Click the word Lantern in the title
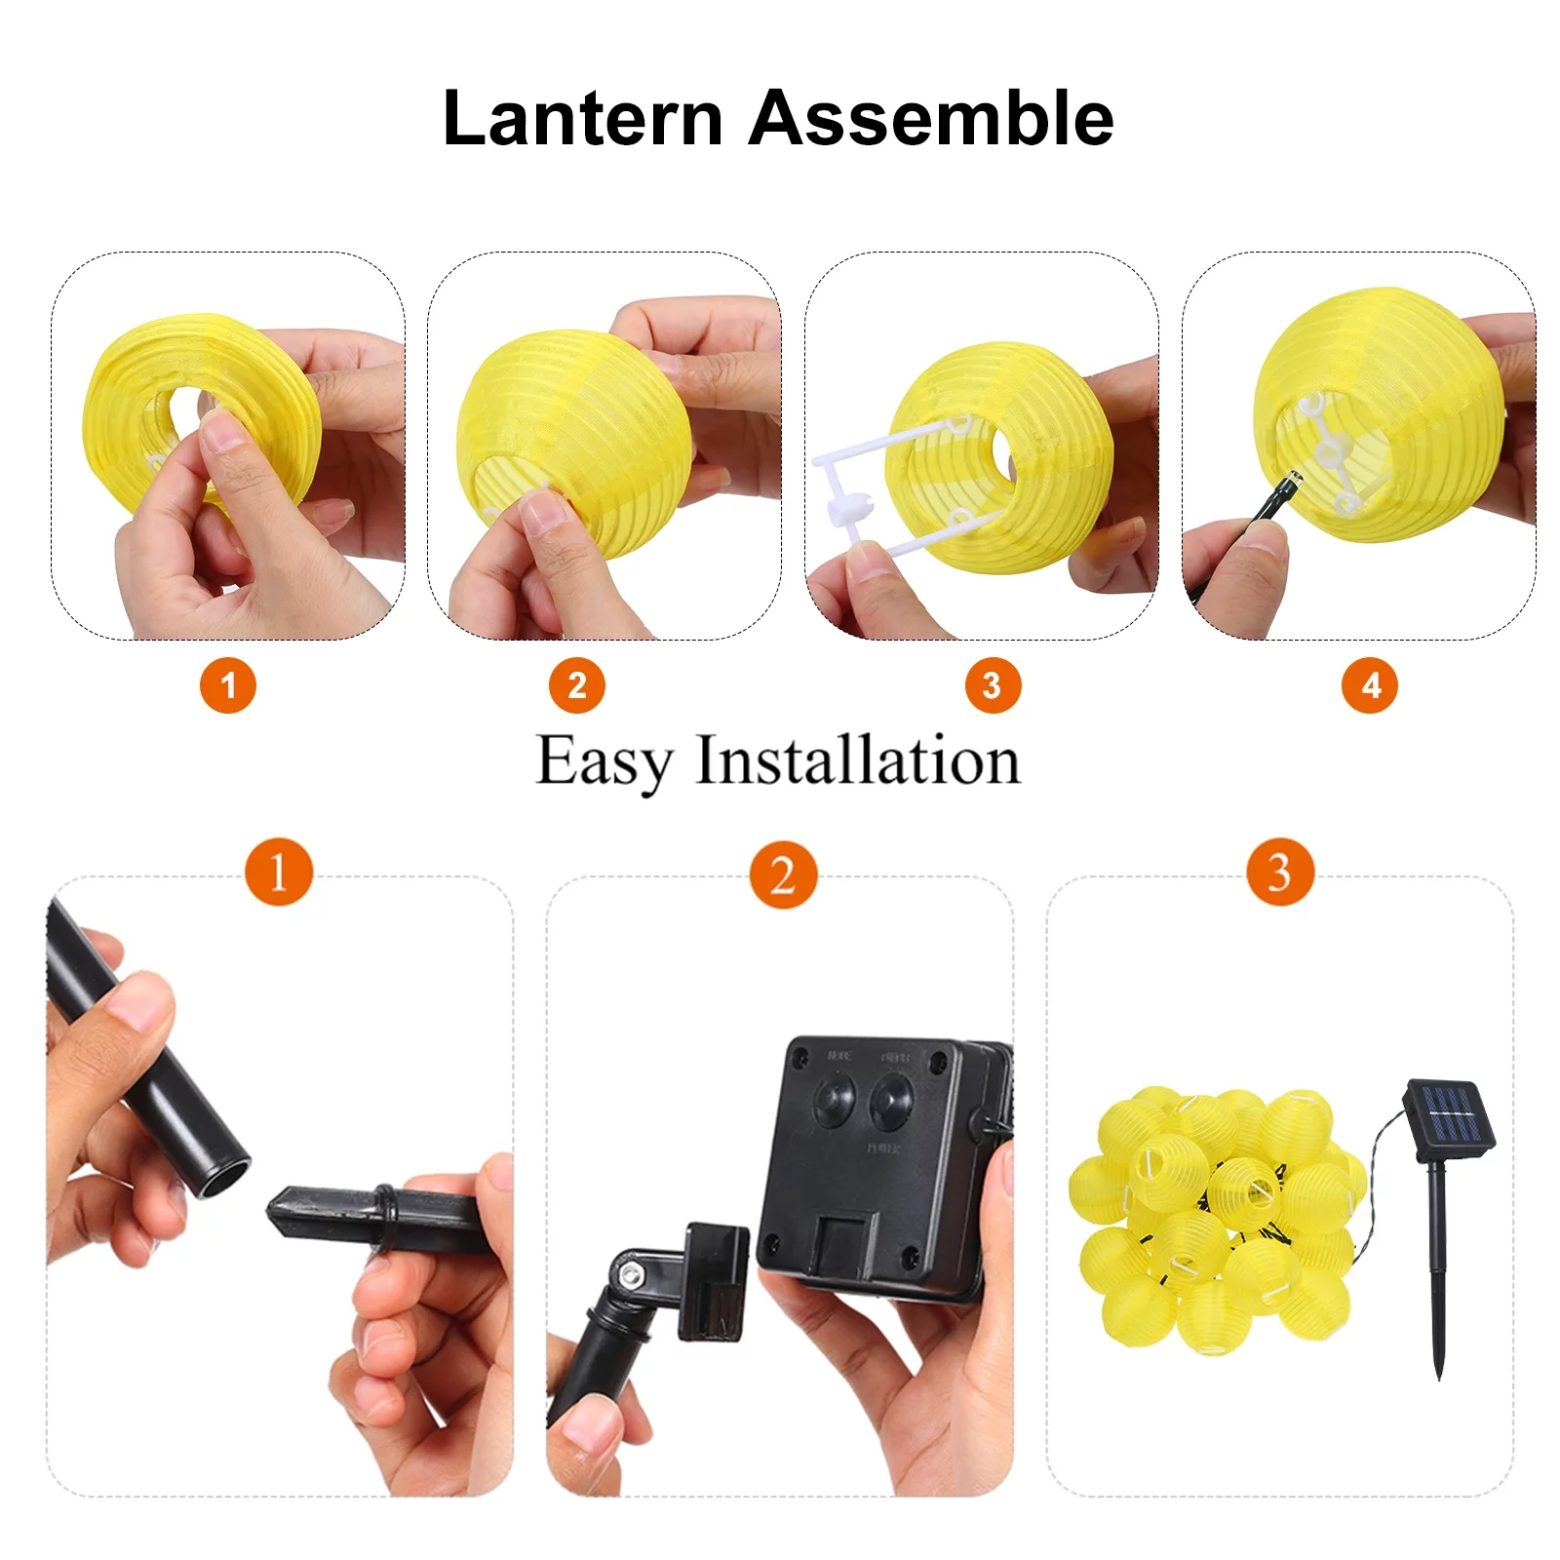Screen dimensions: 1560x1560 pyautogui.click(x=582, y=118)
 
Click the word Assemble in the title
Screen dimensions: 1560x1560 pyautogui.click(x=931, y=118)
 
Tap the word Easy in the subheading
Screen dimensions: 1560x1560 pyautogui.click(x=604, y=761)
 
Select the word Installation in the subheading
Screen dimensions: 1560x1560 pyautogui.click(x=857, y=761)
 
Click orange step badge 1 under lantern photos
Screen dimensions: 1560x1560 pyautogui.click(x=228, y=685)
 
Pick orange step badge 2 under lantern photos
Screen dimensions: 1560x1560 pyautogui.click(x=577, y=685)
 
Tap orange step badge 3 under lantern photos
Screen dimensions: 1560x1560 pyautogui.click(x=993, y=685)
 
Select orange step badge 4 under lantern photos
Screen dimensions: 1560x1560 pyautogui.click(x=1370, y=685)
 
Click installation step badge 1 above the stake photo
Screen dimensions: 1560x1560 pyautogui.click(x=279, y=872)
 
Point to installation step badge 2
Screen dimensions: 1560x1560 pyautogui.click(x=783, y=875)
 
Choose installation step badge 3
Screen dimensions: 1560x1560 pyautogui.click(x=1280, y=872)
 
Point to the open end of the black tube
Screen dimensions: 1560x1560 pyautogui.click(x=223, y=1176)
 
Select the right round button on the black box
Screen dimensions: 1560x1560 pyautogui.click(x=891, y=1099)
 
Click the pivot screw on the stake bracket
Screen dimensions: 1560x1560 pyautogui.click(x=632, y=1273)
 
